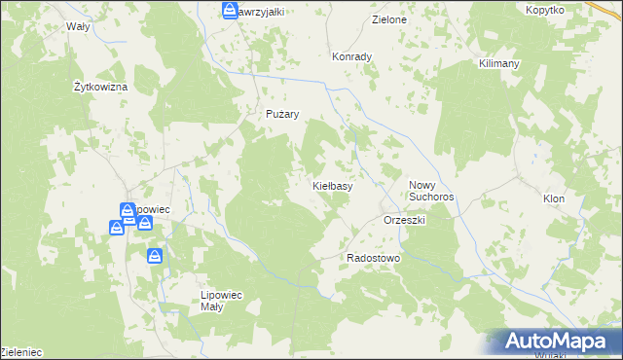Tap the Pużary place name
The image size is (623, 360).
click(x=282, y=114)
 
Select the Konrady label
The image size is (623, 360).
click(x=352, y=56)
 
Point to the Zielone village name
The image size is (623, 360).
click(x=389, y=19)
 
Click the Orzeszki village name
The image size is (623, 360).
click(x=406, y=220)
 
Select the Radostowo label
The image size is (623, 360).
click(x=374, y=258)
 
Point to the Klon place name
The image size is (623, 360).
click(x=554, y=198)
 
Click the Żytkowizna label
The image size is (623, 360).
click(x=101, y=87)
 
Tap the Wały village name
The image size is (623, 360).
click(x=77, y=26)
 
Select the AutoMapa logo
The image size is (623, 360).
click(x=556, y=341)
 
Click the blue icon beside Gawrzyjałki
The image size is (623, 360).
click(x=230, y=12)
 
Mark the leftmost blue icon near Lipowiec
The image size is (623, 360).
click(x=116, y=228)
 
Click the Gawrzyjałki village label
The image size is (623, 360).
click(x=261, y=12)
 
